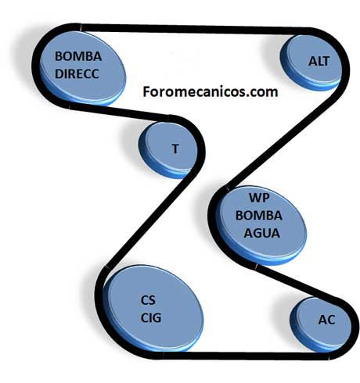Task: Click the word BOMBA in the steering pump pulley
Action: coord(78,56)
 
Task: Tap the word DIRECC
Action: coord(77,74)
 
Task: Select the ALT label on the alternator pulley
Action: coord(319,61)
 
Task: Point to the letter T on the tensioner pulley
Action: coord(175,149)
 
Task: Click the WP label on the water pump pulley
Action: coord(259,198)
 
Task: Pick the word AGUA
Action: coord(262,233)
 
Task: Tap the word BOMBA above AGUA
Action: coord(259,216)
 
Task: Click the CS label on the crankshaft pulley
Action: coord(148,300)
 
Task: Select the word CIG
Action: coord(151,318)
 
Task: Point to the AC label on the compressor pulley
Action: coord(326,320)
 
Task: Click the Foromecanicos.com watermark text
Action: coord(211,91)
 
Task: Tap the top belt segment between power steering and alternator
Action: coord(194,29)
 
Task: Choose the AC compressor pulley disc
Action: coord(320,325)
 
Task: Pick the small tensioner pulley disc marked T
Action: coord(167,150)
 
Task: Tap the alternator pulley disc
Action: coord(311,63)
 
